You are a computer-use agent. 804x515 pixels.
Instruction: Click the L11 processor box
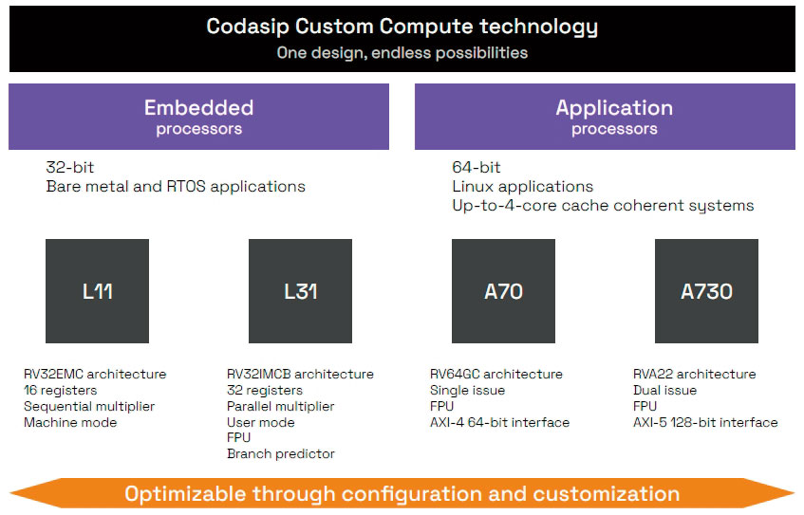click(97, 291)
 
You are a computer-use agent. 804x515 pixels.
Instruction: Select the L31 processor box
click(300, 291)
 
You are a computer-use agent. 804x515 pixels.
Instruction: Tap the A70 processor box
click(503, 291)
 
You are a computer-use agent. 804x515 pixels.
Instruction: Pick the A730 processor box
click(706, 291)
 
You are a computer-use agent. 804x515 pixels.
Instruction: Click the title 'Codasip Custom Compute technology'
click(402, 27)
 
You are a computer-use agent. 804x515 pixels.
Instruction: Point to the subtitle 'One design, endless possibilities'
click(402, 53)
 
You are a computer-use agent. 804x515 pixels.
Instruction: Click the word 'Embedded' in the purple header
click(198, 107)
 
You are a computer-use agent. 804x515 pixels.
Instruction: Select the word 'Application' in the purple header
click(614, 107)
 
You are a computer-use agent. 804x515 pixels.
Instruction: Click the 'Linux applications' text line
click(522, 187)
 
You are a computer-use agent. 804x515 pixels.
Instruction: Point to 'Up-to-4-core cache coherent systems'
click(603, 206)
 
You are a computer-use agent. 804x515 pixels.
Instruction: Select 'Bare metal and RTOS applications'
click(176, 187)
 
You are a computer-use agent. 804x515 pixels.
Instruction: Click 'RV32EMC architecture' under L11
click(95, 374)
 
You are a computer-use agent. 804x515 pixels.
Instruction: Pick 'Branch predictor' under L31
click(280, 454)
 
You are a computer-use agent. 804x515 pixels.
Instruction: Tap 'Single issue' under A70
click(467, 390)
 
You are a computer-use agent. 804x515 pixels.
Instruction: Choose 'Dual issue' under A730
click(664, 390)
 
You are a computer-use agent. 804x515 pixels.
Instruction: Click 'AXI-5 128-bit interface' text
click(705, 422)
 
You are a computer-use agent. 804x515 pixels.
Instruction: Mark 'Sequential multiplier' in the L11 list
click(89, 406)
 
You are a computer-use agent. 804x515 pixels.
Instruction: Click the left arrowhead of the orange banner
click(24, 493)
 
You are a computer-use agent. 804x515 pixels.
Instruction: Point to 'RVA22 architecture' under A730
click(694, 374)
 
